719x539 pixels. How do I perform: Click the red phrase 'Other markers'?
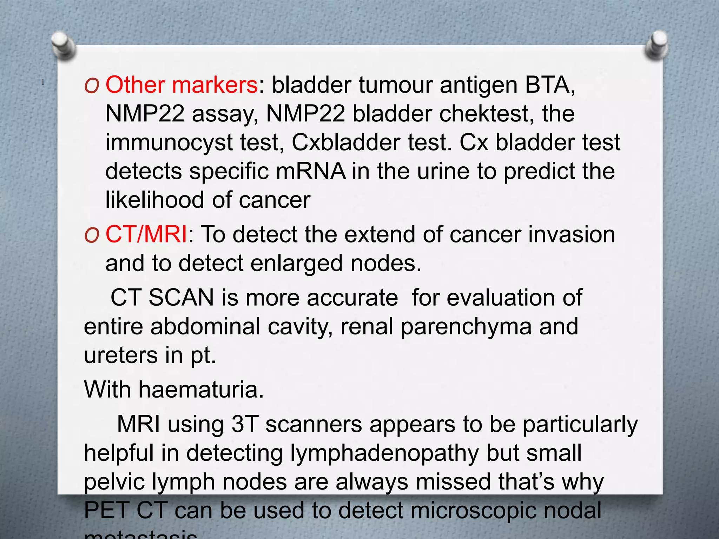[x=182, y=85]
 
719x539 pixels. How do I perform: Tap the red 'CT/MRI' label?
[x=146, y=234]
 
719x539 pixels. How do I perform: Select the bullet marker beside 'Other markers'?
[x=92, y=86]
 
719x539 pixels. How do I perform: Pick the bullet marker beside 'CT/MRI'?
[x=92, y=235]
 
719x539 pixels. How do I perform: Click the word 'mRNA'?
[x=311, y=171]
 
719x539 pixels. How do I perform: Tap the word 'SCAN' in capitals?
[x=181, y=298]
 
